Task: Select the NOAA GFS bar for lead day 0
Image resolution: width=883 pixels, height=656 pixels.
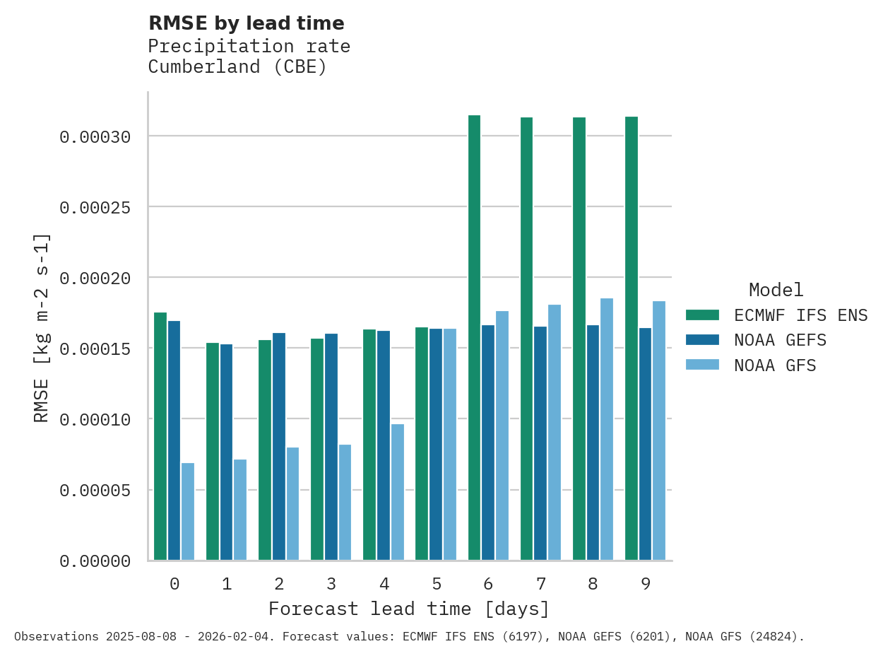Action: tap(188, 512)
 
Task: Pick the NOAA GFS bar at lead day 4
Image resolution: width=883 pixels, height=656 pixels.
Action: tap(398, 492)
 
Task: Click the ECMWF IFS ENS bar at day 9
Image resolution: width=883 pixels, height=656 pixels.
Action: tap(632, 339)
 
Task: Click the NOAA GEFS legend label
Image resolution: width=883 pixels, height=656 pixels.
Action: tap(780, 340)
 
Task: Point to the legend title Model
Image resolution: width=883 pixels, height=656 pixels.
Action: tap(776, 290)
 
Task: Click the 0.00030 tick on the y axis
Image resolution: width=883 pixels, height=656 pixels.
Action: tap(95, 136)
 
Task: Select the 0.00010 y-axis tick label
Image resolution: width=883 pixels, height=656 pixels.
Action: tap(95, 419)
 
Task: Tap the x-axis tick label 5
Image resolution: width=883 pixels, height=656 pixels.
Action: tap(437, 584)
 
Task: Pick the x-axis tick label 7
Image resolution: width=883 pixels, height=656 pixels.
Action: tap(541, 584)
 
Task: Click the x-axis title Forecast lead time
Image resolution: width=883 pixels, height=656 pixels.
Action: tap(409, 609)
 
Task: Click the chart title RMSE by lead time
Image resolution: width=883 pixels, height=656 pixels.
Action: tap(247, 23)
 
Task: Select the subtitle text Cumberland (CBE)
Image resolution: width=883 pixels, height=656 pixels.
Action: tap(237, 67)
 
